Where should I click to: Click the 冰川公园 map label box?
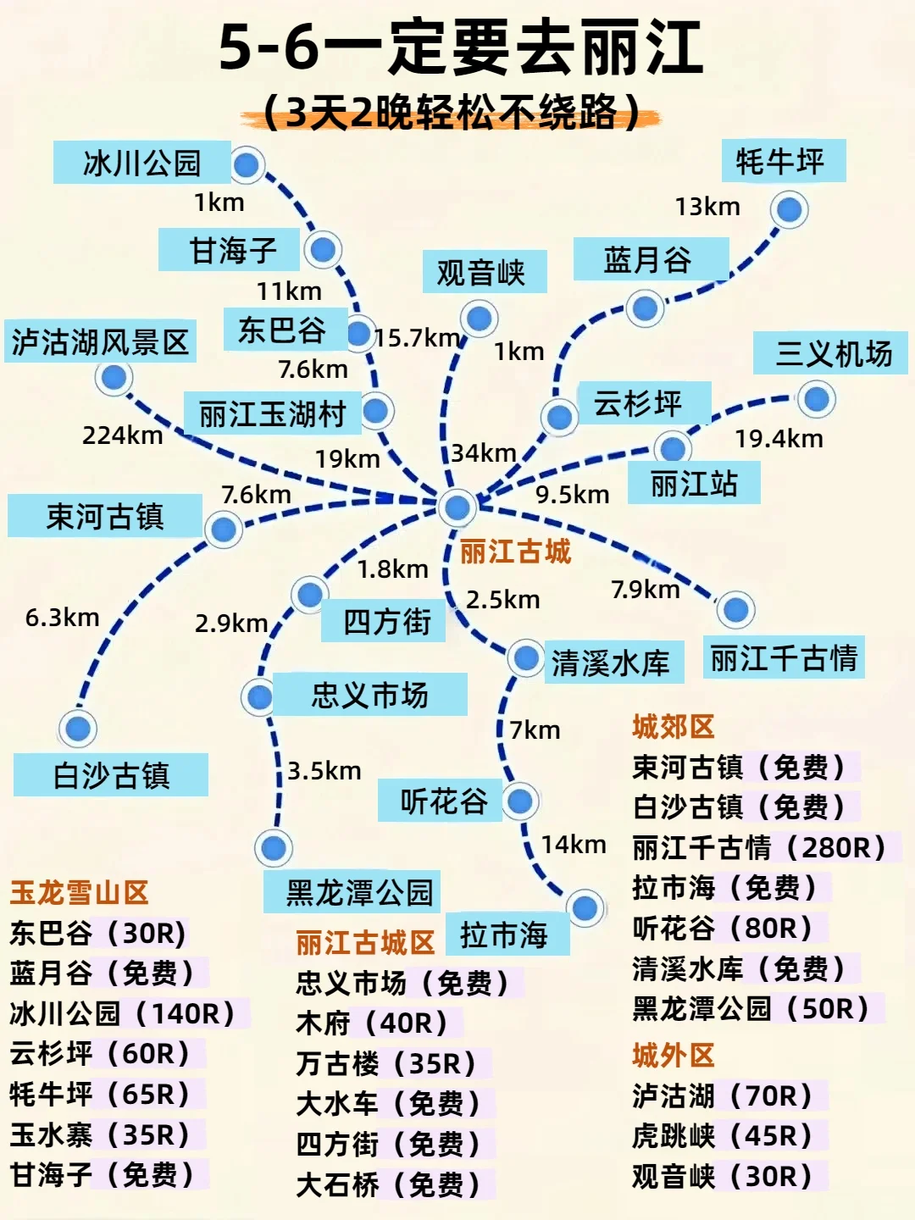(141, 163)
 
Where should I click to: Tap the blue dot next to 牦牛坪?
(789, 209)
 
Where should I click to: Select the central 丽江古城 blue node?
(457, 507)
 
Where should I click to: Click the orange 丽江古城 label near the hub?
(515, 552)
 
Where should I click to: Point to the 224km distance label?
(122, 435)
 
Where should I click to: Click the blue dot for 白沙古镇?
(78, 729)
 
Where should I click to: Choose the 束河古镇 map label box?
(105, 516)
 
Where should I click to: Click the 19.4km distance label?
(779, 439)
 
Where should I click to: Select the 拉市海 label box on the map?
(505, 935)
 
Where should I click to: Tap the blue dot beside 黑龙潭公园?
(273, 847)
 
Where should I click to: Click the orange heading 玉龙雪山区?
(79, 892)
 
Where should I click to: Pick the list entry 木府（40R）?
(372, 1023)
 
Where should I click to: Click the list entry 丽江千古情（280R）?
(759, 847)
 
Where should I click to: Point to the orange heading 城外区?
(674, 1056)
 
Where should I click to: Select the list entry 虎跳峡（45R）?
(723, 1136)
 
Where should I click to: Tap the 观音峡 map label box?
(482, 273)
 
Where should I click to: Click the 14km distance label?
(574, 845)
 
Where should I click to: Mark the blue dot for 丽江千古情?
(735, 609)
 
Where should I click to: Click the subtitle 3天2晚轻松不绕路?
(452, 113)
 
